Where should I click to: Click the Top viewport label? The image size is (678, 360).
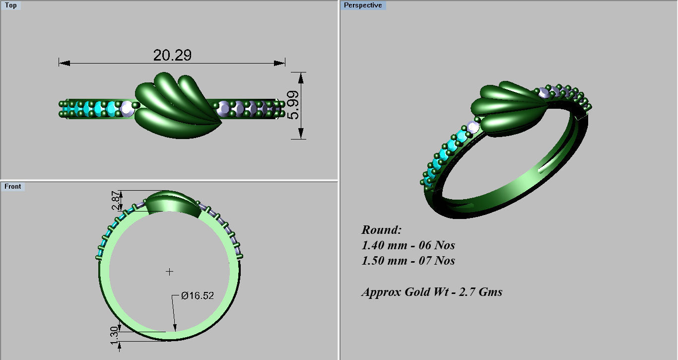coord(10,5)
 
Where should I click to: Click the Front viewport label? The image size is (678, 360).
coord(13,186)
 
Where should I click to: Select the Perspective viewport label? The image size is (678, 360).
coord(363,5)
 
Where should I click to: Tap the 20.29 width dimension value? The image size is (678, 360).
coord(172,55)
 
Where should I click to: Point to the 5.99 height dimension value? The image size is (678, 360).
coord(293,105)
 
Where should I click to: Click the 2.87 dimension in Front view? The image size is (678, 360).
coord(116,201)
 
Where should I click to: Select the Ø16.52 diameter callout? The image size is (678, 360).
coord(197,296)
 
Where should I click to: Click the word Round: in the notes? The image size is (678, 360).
coord(381,230)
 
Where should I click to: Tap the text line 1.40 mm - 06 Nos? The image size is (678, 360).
coord(408,245)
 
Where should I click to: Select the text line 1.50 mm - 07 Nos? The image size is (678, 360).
coord(408,261)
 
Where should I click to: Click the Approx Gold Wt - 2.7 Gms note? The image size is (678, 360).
coord(432,292)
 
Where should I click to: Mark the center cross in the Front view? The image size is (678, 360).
coord(170,272)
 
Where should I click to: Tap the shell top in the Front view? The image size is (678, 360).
coord(171,201)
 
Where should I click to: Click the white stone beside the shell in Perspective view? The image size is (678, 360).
coord(473,128)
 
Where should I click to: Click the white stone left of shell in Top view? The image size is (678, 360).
coord(127,108)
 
